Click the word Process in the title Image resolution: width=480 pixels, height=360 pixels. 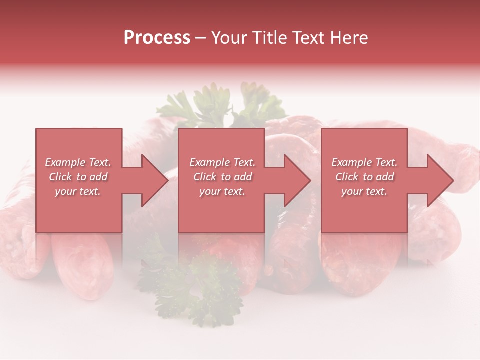coord(157,38)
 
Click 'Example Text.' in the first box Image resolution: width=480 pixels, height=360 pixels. coord(78,162)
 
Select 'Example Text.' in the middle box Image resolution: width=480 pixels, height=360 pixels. coord(222,162)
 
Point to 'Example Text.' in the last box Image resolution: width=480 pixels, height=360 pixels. coord(364,162)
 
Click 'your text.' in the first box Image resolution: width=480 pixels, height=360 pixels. coord(78,191)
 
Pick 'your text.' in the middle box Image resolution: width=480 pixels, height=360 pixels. coord(222,191)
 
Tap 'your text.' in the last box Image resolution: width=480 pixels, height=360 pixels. coord(364,191)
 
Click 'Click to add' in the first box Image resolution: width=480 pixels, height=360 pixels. coord(78,177)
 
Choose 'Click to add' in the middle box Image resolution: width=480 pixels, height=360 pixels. coord(222,177)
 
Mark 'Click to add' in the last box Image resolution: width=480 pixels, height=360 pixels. coord(364,177)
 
